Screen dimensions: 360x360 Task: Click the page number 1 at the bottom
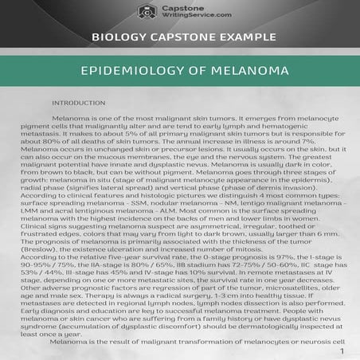point(342,350)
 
